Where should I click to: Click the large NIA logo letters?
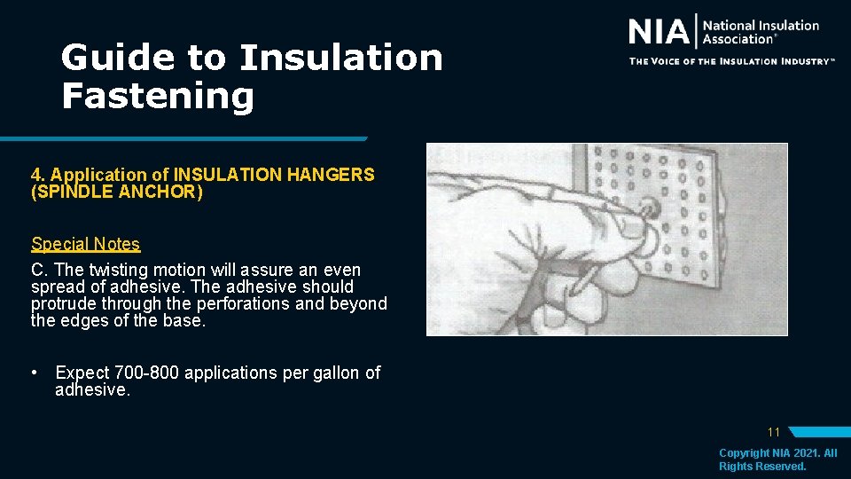point(659,33)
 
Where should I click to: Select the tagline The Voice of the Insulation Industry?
point(731,61)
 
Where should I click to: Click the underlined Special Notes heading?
point(85,244)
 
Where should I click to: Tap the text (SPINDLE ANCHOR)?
point(116,192)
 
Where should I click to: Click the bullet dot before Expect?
point(33,373)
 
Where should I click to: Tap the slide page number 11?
point(773,432)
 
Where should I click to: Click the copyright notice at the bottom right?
point(777,459)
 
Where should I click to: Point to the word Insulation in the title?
point(340,59)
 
